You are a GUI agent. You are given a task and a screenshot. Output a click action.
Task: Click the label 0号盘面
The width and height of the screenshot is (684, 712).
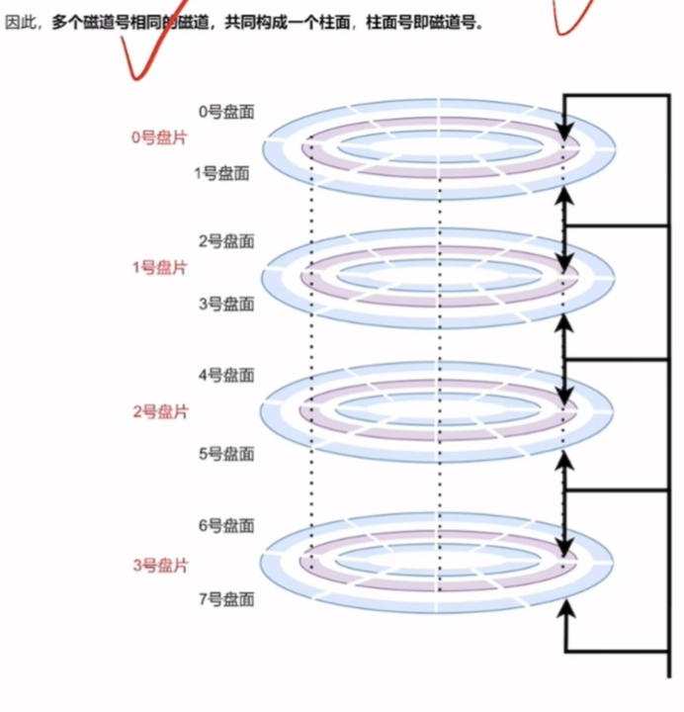click(x=226, y=112)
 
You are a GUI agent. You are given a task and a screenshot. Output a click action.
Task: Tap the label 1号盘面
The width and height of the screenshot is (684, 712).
click(x=221, y=174)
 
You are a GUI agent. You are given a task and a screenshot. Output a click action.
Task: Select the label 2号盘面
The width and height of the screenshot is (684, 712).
click(x=226, y=240)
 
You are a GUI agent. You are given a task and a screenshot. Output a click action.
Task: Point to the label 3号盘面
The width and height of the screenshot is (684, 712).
click(x=226, y=304)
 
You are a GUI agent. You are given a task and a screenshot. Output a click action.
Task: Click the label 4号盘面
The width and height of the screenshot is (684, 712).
click(x=226, y=375)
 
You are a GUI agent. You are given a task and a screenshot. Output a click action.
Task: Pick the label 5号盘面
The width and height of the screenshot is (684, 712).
click(x=226, y=454)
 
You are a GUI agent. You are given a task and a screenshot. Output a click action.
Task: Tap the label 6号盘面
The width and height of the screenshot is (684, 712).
click(x=226, y=525)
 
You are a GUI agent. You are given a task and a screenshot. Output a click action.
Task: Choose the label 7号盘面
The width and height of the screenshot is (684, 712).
click(x=226, y=598)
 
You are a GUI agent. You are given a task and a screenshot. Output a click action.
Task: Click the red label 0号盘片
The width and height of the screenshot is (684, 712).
click(x=159, y=138)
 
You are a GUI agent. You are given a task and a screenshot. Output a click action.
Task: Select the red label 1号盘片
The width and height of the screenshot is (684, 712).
click(x=159, y=268)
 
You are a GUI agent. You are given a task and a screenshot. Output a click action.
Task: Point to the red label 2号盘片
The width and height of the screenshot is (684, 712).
click(x=159, y=411)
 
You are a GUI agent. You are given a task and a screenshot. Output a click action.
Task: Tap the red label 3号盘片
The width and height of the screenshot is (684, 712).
click(x=159, y=566)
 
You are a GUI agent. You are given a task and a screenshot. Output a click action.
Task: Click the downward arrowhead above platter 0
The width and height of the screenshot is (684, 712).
click(x=564, y=132)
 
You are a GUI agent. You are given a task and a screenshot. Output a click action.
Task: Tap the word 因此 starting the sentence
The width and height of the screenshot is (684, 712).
click(x=20, y=23)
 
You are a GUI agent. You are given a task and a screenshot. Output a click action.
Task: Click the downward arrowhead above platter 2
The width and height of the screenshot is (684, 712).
click(x=564, y=397)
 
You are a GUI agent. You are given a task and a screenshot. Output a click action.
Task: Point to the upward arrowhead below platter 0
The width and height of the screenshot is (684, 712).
click(x=564, y=195)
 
